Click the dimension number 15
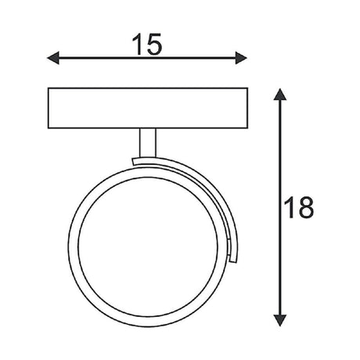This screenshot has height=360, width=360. [147, 44]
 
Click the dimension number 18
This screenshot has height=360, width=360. [298, 207]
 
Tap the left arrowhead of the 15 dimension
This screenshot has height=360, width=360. [53, 58]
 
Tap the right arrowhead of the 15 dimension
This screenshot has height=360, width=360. [241, 58]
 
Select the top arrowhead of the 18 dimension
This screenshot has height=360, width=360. [280, 95]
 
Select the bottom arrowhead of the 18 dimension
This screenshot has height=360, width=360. [280, 320]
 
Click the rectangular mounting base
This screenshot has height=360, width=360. [148, 108]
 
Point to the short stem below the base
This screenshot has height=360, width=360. [148, 142]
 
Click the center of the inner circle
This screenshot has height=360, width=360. [148, 247]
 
